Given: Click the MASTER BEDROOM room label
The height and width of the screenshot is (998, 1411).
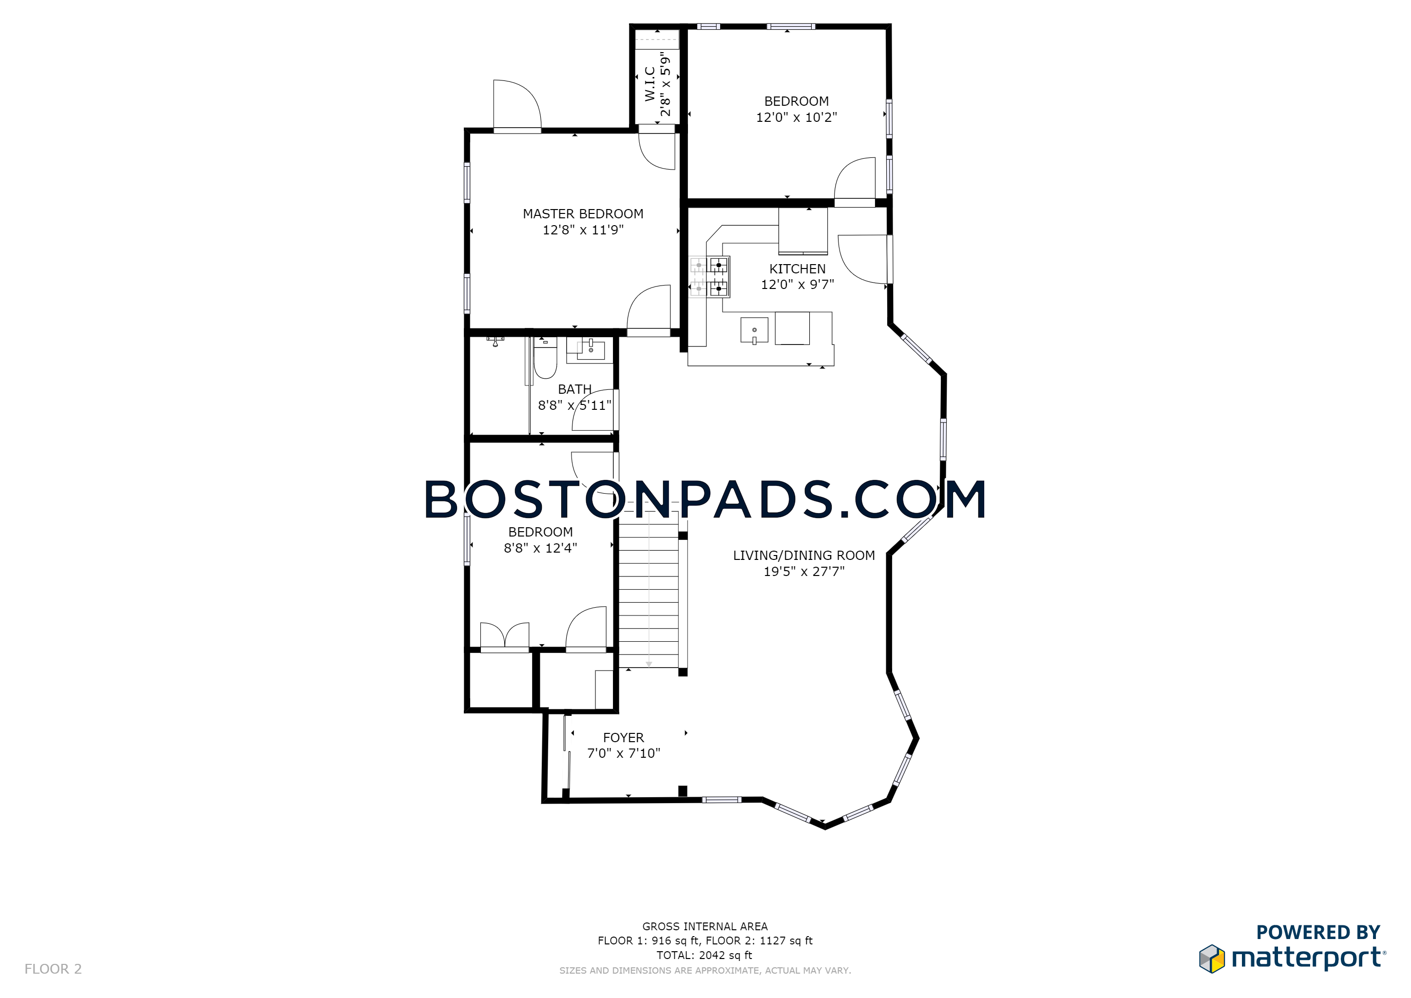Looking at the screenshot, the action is (583, 214).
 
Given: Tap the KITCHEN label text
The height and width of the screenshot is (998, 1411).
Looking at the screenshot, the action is (797, 269).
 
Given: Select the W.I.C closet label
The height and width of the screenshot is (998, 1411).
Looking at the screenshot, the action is (649, 84).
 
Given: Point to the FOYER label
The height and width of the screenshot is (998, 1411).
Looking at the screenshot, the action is (623, 737).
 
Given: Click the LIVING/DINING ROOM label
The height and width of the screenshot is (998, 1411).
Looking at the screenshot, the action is (804, 556).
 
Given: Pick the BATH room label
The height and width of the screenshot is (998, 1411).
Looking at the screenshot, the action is (574, 390).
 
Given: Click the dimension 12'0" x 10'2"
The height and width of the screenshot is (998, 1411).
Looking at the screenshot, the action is (797, 117).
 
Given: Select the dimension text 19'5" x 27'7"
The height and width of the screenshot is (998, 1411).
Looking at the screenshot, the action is (804, 572).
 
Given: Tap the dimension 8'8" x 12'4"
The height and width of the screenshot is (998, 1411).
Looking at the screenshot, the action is (540, 548).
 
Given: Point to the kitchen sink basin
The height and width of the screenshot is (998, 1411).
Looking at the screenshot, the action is (754, 330).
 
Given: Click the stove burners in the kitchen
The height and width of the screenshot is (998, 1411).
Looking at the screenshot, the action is (710, 276).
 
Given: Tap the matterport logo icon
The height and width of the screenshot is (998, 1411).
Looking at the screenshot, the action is (1211, 959).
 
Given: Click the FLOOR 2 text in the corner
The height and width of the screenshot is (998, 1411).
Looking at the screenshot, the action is (53, 969).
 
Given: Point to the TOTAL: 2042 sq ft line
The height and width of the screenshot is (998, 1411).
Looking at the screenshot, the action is (704, 955).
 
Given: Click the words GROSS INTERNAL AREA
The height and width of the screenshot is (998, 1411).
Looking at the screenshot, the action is (705, 926).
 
